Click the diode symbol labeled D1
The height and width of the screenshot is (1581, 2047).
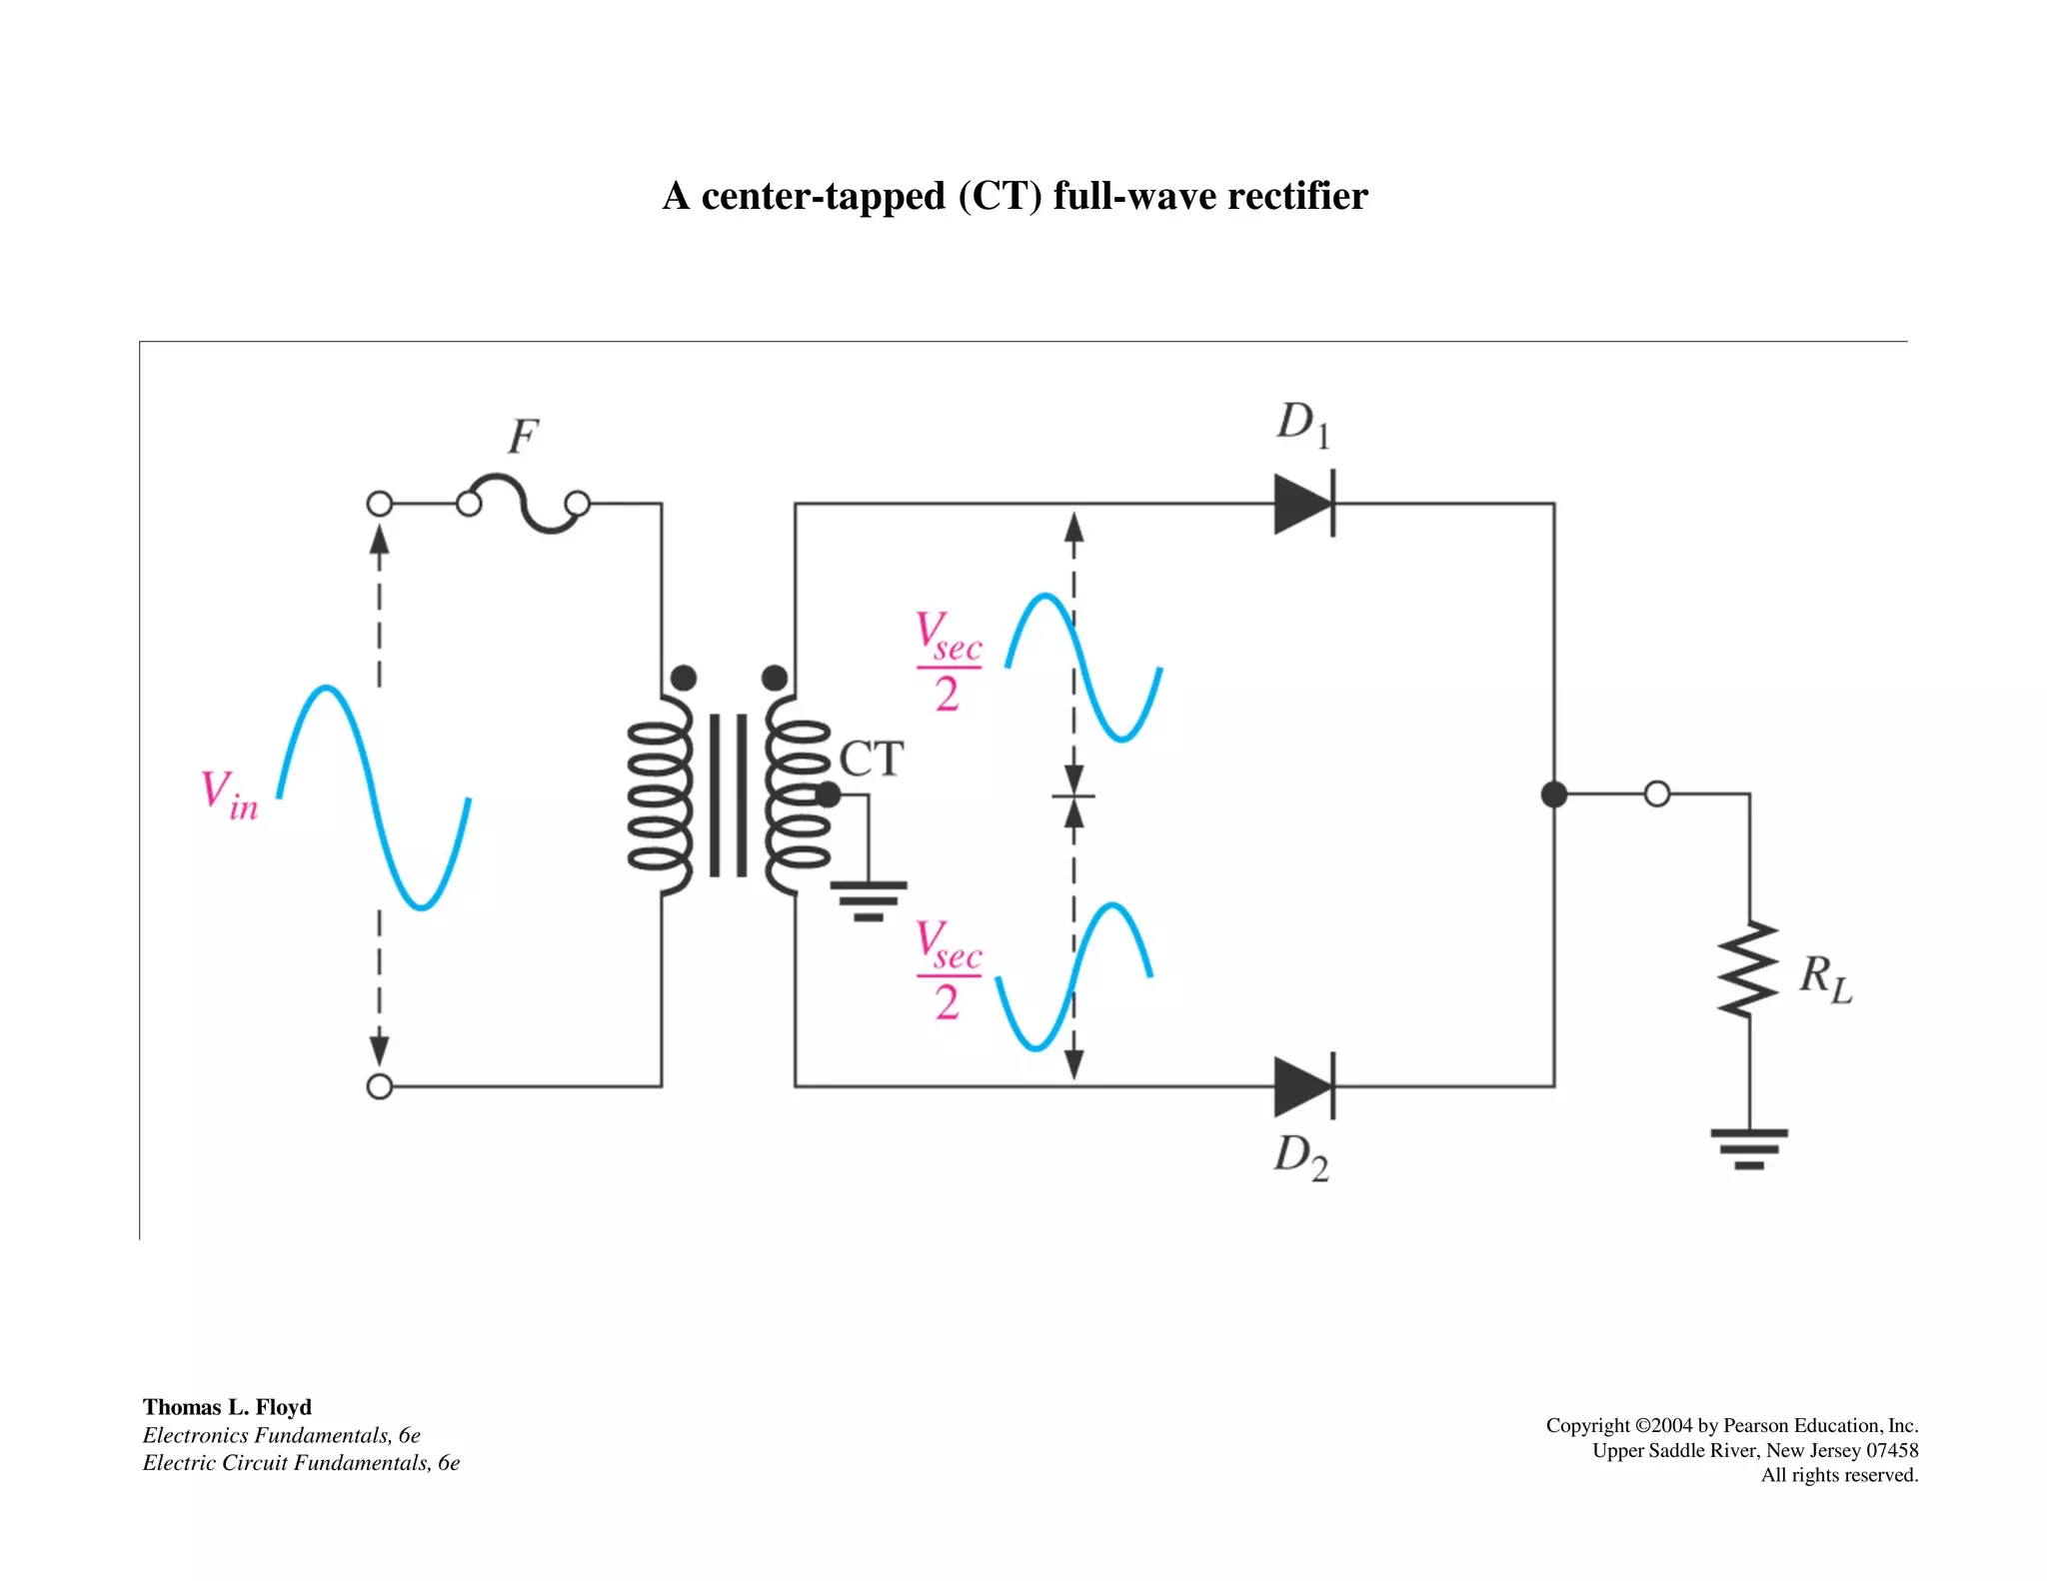tap(1303, 504)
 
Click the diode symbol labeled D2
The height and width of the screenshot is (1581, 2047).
tap(1303, 1086)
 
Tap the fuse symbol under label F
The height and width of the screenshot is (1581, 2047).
tap(523, 505)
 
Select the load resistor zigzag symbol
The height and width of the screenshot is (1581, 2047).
tap(1748, 969)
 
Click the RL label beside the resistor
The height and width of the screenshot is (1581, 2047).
tap(1825, 978)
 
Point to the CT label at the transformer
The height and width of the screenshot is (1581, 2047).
tap(871, 760)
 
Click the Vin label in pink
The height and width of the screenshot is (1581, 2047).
tap(229, 795)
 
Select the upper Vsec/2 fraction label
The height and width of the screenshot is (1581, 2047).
tap(949, 662)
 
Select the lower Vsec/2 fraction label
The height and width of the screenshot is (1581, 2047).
tap(949, 970)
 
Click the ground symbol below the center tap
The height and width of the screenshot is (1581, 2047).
tap(869, 899)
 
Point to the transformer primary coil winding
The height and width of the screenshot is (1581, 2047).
tap(660, 794)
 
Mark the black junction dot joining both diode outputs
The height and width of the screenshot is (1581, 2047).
tap(1553, 794)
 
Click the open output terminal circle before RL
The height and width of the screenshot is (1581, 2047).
tap(1656, 794)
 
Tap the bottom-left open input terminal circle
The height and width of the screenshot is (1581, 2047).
tap(380, 1086)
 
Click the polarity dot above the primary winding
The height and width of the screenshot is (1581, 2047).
tap(684, 679)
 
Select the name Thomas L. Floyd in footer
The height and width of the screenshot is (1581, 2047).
tap(227, 1407)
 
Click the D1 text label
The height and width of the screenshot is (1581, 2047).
tap(1302, 424)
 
